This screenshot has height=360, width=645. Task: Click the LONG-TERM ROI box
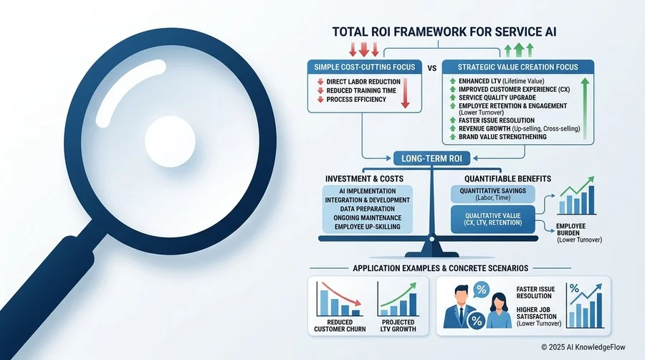(x=431, y=158)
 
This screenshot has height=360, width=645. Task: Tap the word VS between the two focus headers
(x=432, y=68)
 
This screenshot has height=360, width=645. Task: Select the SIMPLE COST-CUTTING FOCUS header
(x=365, y=67)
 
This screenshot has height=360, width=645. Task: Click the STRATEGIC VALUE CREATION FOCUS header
(x=518, y=67)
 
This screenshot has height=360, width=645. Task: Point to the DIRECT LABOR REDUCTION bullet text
(x=363, y=82)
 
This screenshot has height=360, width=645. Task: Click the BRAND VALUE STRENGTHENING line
(x=502, y=136)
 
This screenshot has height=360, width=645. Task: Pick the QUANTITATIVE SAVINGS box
(x=493, y=194)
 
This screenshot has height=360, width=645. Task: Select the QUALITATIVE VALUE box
(x=493, y=219)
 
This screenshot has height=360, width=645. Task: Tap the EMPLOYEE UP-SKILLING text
(x=368, y=227)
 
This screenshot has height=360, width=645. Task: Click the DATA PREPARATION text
(x=368, y=209)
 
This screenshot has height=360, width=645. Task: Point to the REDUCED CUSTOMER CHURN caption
(x=340, y=326)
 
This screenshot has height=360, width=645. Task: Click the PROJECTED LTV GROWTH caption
(x=398, y=326)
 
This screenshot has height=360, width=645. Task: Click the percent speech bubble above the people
(x=482, y=290)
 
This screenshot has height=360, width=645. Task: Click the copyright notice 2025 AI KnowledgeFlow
(x=583, y=347)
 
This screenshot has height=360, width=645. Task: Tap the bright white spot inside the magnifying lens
(x=170, y=141)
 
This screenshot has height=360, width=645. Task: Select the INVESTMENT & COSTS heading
(x=364, y=179)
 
